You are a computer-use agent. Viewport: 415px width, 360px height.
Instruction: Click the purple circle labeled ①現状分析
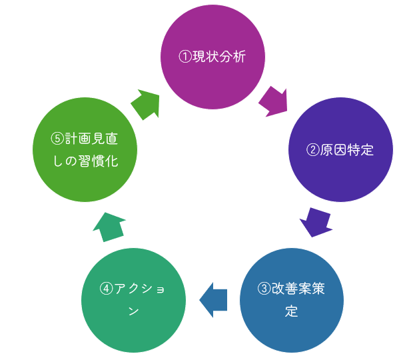coord(212,57)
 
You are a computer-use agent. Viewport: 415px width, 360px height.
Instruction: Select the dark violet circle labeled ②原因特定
coord(340,150)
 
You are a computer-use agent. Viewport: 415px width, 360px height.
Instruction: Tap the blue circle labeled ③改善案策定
coord(292,299)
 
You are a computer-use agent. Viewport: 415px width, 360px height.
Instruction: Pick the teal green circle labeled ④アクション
coord(133,299)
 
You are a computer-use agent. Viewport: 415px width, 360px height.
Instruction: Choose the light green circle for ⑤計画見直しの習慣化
coord(85,149)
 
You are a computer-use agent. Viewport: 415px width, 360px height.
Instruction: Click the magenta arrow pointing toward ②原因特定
coord(273,101)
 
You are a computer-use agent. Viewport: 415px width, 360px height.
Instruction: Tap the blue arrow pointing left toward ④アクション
coord(213,299)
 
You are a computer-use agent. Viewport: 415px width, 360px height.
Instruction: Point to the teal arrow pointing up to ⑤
coord(109,227)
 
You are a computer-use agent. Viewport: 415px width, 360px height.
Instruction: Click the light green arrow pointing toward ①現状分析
coord(146,103)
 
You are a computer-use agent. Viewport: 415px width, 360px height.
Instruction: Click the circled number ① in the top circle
coord(185,57)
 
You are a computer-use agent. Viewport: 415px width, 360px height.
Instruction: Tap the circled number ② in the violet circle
coord(312,150)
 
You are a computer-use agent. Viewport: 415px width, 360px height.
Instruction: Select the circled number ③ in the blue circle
coord(264,289)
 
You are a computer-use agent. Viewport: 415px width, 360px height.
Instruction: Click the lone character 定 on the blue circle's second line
coord(292,311)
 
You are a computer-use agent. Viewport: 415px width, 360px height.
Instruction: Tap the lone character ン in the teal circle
coord(133,311)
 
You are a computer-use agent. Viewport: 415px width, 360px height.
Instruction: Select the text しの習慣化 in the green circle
coord(85,161)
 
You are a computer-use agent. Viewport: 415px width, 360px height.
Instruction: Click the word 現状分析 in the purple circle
coord(219,57)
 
